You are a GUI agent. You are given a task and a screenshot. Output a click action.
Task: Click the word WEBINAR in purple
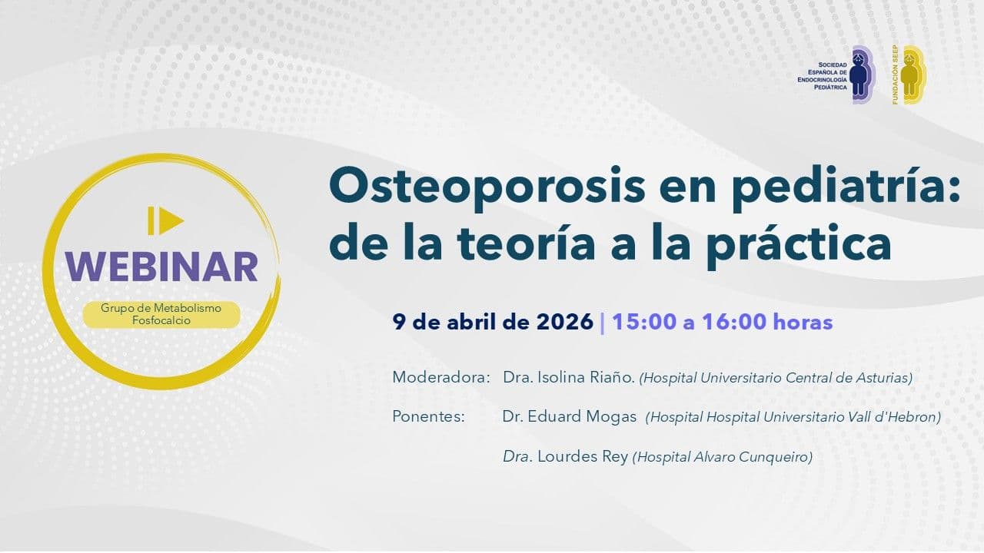click(x=161, y=266)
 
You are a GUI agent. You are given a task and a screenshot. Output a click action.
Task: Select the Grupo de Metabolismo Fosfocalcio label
click(x=161, y=314)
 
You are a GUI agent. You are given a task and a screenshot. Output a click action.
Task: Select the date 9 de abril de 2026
click(x=493, y=322)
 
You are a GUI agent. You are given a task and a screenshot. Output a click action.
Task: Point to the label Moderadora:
click(x=441, y=378)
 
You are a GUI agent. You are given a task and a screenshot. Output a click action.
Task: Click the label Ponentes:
click(x=429, y=417)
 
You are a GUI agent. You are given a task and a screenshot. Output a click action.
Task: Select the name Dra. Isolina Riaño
click(x=568, y=378)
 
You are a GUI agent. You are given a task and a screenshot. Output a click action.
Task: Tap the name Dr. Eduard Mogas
click(x=570, y=417)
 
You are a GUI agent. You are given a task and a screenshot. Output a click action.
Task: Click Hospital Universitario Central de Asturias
click(x=776, y=378)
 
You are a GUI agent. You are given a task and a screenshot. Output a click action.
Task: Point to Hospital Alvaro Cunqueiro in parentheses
click(x=722, y=457)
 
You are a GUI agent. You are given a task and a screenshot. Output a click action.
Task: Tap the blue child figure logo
click(x=861, y=75)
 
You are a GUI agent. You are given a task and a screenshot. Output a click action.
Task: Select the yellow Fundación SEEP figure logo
click(x=911, y=75)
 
